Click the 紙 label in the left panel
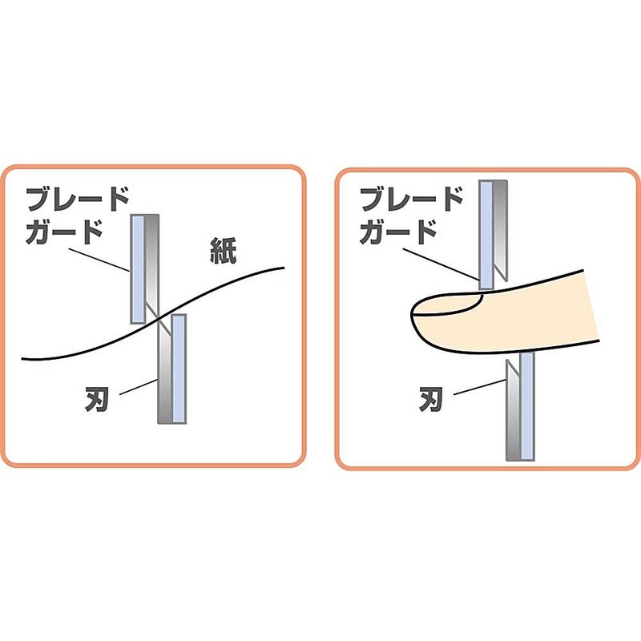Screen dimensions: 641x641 pos(224,250)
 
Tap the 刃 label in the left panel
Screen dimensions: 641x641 pos(96,399)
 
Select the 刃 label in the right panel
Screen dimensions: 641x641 pos(430,399)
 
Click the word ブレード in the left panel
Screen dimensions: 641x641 pos(78,199)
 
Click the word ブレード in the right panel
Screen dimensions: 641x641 pos(412,199)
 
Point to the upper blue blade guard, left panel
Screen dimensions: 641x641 pos(138,269)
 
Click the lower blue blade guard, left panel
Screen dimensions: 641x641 pos(179,369)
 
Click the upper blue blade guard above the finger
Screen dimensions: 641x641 pos(486,235)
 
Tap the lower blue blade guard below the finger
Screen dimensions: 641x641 pos(527,407)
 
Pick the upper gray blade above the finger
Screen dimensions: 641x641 pos(500,231)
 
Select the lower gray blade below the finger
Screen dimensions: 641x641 pos(513,410)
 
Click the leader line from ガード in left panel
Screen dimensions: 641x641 pos(99,260)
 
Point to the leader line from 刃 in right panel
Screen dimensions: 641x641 pos(480,387)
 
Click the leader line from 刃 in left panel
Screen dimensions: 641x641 pos(139,387)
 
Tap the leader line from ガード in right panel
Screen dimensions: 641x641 pos(441,264)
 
